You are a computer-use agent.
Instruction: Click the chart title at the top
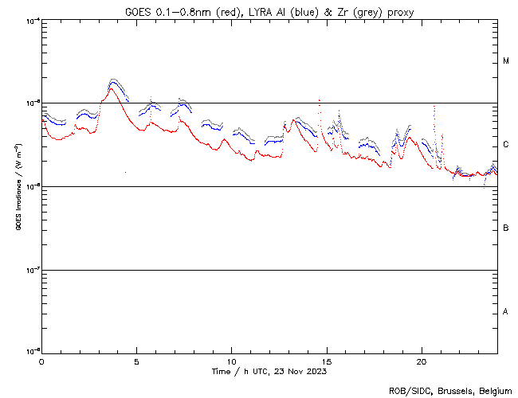[269, 11]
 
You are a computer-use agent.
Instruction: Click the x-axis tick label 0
[41, 361]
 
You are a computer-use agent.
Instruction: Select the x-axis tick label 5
[136, 361]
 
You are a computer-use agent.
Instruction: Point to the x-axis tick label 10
[231, 361]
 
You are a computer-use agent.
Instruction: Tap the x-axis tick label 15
[327, 361]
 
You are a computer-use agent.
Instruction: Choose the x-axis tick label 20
[422, 361]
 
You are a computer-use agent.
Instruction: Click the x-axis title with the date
[269, 372]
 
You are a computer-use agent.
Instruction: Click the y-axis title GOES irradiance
[18, 186]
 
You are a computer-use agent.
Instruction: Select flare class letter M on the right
[506, 61]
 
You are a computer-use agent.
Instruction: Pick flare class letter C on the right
[506, 145]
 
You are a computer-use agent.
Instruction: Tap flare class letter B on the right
[506, 228]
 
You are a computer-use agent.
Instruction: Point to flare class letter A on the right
[506, 312]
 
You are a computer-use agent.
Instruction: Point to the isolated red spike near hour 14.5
[320, 100]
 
